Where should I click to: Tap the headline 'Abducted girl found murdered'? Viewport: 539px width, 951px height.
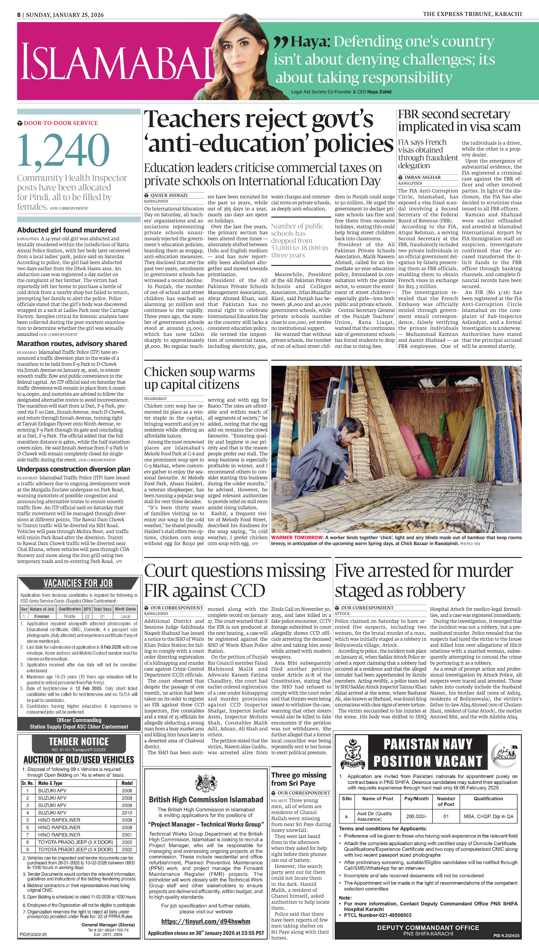(67, 230)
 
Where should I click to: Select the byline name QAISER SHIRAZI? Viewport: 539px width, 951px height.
(169, 195)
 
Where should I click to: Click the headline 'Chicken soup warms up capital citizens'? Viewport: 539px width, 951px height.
(199, 378)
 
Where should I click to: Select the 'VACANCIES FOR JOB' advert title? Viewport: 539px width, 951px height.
(78, 583)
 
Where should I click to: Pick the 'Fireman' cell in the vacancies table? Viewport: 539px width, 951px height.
(42, 616)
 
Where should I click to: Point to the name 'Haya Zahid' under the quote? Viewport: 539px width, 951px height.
(379, 92)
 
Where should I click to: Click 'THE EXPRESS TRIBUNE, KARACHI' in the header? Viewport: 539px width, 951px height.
(472, 14)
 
